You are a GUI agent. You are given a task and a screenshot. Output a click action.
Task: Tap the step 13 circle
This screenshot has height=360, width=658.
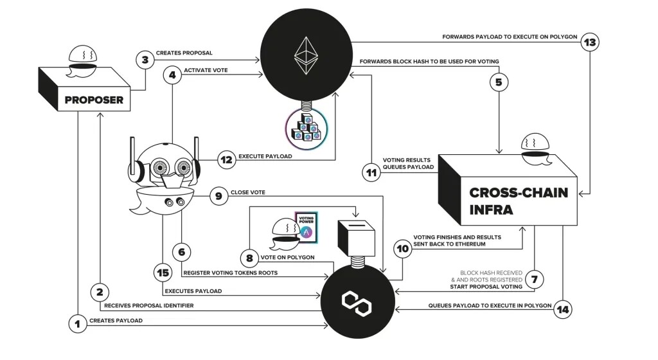click(590, 43)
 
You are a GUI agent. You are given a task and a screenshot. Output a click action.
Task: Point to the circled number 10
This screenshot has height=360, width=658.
click(403, 250)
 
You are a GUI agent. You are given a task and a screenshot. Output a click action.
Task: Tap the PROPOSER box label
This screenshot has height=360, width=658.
click(94, 100)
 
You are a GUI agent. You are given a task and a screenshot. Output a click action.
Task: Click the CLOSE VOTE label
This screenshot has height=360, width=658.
click(247, 192)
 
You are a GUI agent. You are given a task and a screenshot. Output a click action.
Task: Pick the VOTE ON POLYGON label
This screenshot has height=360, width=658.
click(288, 257)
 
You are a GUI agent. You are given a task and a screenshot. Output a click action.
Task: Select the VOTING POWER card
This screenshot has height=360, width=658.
click(307, 228)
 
